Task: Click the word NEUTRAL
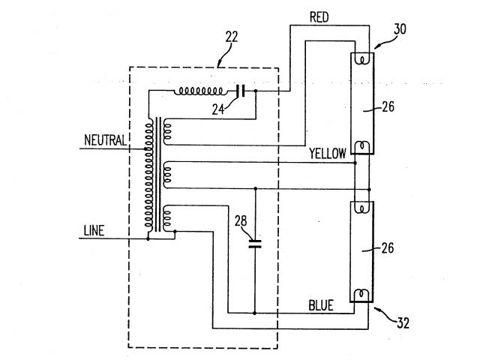coord(106,140)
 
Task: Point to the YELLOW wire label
coord(328,154)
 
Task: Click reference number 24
coord(218,108)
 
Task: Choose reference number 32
coord(403,324)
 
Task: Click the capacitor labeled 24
coord(240,91)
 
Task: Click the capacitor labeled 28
coord(255,241)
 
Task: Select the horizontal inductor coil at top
coord(199,91)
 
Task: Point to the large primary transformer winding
coord(149,176)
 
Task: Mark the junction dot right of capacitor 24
coord(256,91)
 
